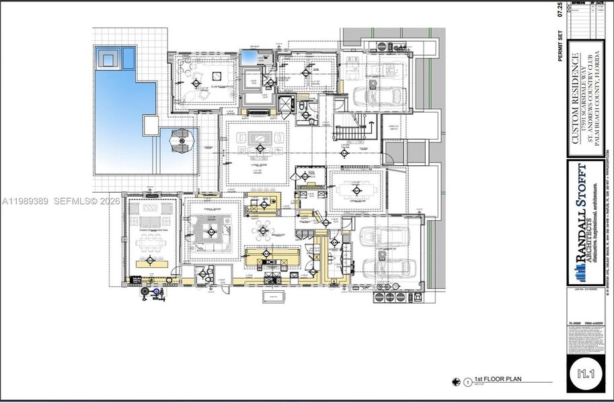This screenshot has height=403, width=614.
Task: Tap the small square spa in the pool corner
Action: [x=110, y=58]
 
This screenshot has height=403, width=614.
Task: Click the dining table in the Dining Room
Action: [x=356, y=189]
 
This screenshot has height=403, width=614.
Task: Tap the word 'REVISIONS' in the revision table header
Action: [x=576, y=3]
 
